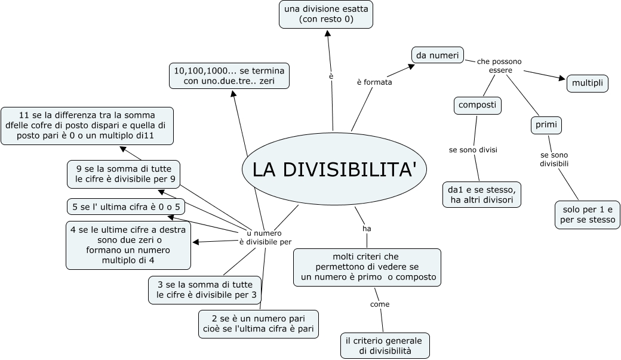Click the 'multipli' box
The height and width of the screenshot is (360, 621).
coord(588,84)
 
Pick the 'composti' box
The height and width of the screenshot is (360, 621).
coord(476,106)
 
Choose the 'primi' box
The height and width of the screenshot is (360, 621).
coord(546,125)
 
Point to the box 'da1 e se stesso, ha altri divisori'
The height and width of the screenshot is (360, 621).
coord(482,195)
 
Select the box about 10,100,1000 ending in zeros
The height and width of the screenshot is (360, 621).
coord(229,76)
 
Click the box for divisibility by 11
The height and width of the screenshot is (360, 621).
coord(87,126)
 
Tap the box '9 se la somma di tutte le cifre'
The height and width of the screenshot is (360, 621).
coord(124,174)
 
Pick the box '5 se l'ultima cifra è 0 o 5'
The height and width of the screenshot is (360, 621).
coord(125,207)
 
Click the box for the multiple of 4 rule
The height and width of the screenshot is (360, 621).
coord(128,245)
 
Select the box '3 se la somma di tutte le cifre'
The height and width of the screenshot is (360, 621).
coord(204,290)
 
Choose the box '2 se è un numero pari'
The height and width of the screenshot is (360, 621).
coord(258,324)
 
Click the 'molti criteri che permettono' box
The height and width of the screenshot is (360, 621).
coord(367,267)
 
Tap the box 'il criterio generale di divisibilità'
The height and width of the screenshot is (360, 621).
coord(385,346)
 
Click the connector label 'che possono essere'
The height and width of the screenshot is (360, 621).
coord(500,66)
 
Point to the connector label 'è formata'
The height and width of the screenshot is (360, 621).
coord(374,82)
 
